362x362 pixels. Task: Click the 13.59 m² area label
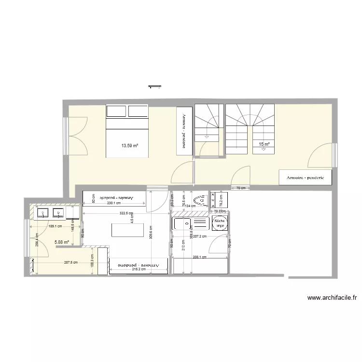(x=130, y=145)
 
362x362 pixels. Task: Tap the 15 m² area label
(x=264, y=144)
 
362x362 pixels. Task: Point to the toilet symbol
(x=198, y=202)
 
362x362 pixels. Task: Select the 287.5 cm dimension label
(x=71, y=263)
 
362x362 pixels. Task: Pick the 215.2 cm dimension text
(x=139, y=269)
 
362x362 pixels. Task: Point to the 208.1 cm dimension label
(x=199, y=257)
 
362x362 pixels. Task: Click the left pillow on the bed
(x=116, y=111)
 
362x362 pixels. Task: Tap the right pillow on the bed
(x=138, y=111)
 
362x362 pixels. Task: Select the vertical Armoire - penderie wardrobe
(x=184, y=130)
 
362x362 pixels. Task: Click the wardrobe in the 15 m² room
(x=306, y=178)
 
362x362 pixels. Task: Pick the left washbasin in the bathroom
(x=42, y=212)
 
